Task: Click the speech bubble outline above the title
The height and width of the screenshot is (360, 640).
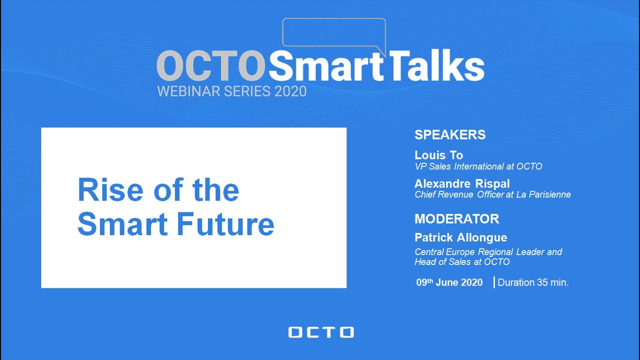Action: point(334,32)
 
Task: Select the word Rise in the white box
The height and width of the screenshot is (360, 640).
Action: point(106,190)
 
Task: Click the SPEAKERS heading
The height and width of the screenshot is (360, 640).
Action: point(450,135)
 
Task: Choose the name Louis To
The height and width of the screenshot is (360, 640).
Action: point(438,155)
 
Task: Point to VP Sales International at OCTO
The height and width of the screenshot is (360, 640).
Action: point(478,166)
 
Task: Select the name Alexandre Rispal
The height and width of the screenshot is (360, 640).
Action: point(462,183)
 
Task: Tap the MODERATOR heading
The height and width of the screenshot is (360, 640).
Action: point(456,219)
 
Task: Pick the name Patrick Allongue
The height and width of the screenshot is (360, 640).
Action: point(460,237)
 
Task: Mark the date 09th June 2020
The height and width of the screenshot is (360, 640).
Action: point(449,282)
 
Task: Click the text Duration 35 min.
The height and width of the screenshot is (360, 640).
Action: point(533,282)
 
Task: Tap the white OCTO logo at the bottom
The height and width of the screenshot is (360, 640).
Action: point(320,332)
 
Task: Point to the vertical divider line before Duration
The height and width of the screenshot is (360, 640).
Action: point(494,282)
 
